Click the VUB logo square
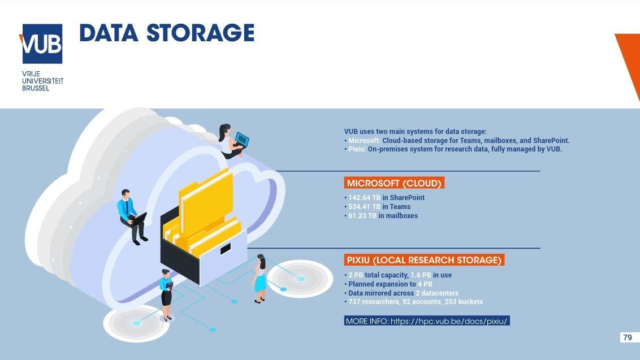[x=42, y=44]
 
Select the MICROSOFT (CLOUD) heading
[x=393, y=183]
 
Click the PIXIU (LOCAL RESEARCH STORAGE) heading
[x=424, y=260]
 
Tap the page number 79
[x=627, y=337]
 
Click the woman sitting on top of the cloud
[x=232, y=141]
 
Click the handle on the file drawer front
[x=225, y=249]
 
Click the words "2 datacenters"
[x=437, y=293]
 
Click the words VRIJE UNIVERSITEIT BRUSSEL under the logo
[x=42, y=81]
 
